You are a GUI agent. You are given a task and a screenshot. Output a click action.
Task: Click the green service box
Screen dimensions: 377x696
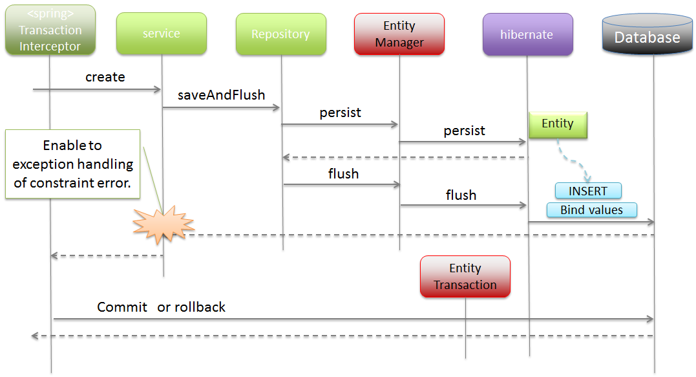[162, 34]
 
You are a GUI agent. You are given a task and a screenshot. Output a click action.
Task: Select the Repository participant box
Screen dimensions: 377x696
[280, 34]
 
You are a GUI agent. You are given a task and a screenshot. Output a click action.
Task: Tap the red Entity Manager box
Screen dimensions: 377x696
[399, 34]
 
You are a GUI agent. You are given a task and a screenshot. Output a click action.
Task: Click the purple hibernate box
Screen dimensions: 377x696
[527, 34]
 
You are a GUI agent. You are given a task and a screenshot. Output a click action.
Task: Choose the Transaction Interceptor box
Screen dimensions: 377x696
[50, 30]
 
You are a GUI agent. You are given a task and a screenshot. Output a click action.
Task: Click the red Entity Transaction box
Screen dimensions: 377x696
[465, 276]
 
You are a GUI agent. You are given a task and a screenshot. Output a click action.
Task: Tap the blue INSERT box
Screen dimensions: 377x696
[588, 191]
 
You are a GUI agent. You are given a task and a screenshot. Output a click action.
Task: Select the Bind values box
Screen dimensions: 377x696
[591, 210]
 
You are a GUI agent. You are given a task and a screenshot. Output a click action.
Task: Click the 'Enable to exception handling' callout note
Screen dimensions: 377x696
[72, 164]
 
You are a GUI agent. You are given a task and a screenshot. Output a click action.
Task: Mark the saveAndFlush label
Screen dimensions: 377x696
[221, 95]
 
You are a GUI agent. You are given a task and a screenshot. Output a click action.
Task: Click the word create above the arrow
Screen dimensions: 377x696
[105, 77]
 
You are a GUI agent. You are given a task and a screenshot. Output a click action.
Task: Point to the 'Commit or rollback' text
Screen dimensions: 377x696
[161, 307]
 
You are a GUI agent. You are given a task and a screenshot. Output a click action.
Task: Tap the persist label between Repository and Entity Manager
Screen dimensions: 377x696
[340, 113]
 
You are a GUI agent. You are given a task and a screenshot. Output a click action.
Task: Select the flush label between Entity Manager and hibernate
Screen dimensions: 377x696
[461, 195]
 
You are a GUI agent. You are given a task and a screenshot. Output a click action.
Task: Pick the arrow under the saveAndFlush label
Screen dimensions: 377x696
[221, 107]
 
